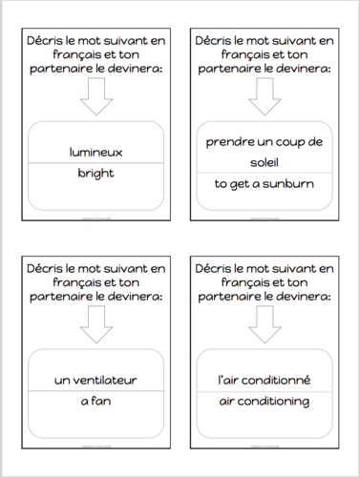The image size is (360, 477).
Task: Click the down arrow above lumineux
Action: pos(97,96)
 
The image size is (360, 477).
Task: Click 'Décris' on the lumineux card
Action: pos(48,40)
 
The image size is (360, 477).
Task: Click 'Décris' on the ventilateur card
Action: pos(48,270)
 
